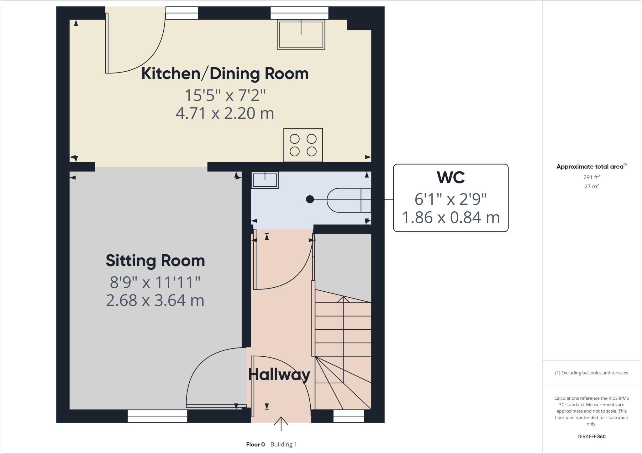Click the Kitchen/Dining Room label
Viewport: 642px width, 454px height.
(225, 74)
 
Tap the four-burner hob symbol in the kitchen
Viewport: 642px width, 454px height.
(303, 145)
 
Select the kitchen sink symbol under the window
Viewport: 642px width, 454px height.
(301, 35)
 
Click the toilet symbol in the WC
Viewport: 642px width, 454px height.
(348, 200)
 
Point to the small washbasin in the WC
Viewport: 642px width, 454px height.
(265, 180)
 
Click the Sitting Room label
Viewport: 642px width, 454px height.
(155, 261)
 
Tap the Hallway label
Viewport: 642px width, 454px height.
(279, 375)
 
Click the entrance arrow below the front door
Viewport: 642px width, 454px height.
(281, 424)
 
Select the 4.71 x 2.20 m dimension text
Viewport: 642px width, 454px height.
(225, 113)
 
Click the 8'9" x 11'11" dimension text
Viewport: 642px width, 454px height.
(155, 282)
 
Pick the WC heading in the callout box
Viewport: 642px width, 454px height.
(450, 178)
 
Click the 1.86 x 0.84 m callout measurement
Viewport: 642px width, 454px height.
(450, 218)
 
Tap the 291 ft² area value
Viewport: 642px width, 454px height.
(591, 177)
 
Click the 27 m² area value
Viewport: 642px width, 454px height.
(591, 186)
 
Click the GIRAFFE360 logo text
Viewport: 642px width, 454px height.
(591, 436)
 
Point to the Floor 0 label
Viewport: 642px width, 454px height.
(255, 445)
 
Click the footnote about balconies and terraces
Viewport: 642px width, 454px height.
(591, 373)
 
